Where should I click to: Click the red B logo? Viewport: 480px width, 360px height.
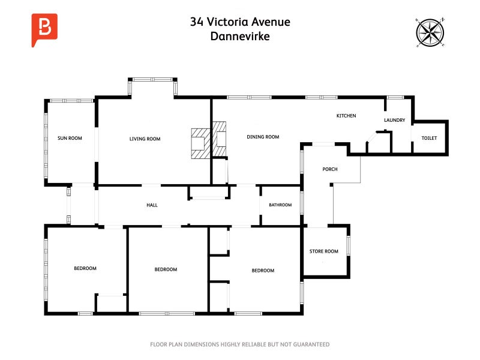coord(44,27)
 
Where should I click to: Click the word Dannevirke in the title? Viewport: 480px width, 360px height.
coord(240,36)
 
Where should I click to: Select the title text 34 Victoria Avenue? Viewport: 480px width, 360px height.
coord(240,22)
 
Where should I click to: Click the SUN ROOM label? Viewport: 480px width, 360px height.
coord(70,138)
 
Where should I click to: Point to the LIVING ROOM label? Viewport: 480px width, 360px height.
coord(145,139)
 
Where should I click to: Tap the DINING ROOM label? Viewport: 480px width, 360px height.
coord(263,137)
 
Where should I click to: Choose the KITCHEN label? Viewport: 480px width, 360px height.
coord(346,116)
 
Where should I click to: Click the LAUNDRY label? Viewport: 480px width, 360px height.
coord(394,120)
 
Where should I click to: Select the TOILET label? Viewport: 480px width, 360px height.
coord(429,138)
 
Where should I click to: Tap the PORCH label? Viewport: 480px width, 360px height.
coord(330,169)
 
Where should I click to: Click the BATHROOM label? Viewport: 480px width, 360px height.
coord(280,205)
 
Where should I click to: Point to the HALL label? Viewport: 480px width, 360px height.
coord(152,205)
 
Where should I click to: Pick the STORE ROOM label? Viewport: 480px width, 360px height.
coord(323,251)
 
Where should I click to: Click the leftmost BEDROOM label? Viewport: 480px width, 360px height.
coord(85,268)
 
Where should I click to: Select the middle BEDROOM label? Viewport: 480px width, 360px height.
coord(166,269)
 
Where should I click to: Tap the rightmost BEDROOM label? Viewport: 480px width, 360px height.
coord(263,271)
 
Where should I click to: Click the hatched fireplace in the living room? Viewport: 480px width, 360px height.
coord(200,143)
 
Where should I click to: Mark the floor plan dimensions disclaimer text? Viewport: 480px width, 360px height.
coord(240,344)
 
